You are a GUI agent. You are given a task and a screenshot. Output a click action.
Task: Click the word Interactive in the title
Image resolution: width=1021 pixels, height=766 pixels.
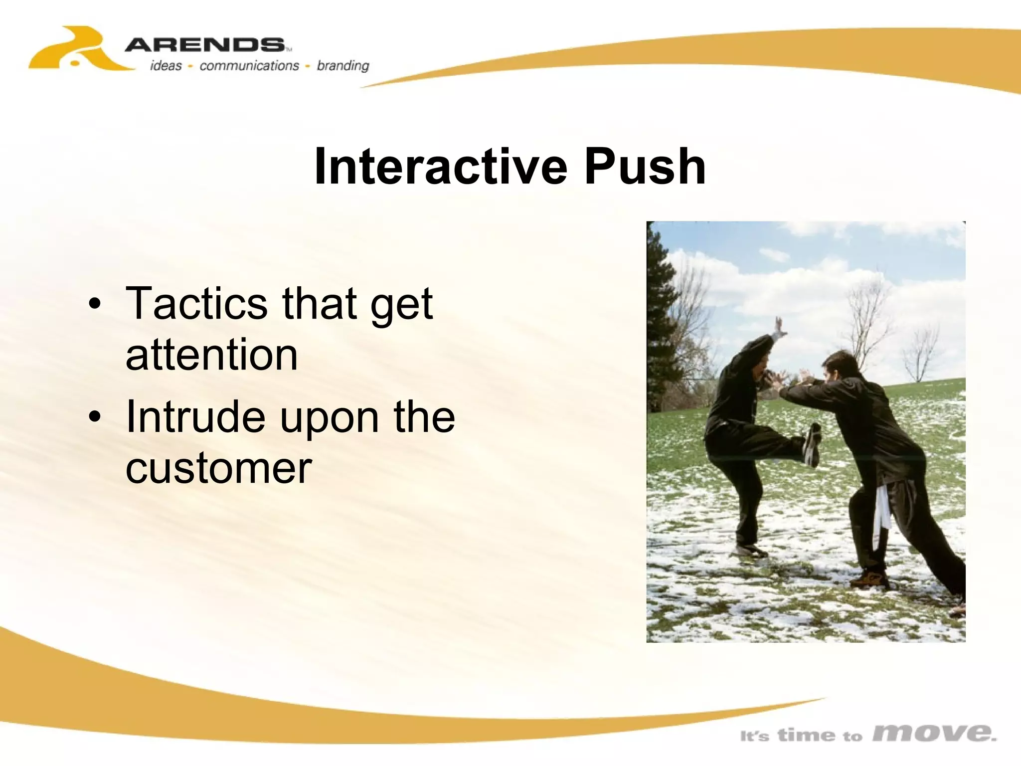point(441,167)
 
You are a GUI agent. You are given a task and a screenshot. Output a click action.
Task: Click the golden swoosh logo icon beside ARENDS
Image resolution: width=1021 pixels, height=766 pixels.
point(75,50)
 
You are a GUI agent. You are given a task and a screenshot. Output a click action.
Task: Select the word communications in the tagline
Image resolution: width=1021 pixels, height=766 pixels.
point(249,66)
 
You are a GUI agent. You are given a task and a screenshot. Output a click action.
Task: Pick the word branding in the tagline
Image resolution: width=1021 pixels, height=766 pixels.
point(343,66)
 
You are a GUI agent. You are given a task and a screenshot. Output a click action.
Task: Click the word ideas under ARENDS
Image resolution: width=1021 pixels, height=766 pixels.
point(166,66)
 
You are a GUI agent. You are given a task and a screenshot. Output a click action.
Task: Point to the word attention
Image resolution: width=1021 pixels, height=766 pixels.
point(211,355)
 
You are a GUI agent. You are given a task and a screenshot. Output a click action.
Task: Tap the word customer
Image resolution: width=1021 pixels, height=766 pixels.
point(218,468)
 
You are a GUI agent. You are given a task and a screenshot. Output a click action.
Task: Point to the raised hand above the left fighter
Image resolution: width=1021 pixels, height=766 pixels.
point(779,327)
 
